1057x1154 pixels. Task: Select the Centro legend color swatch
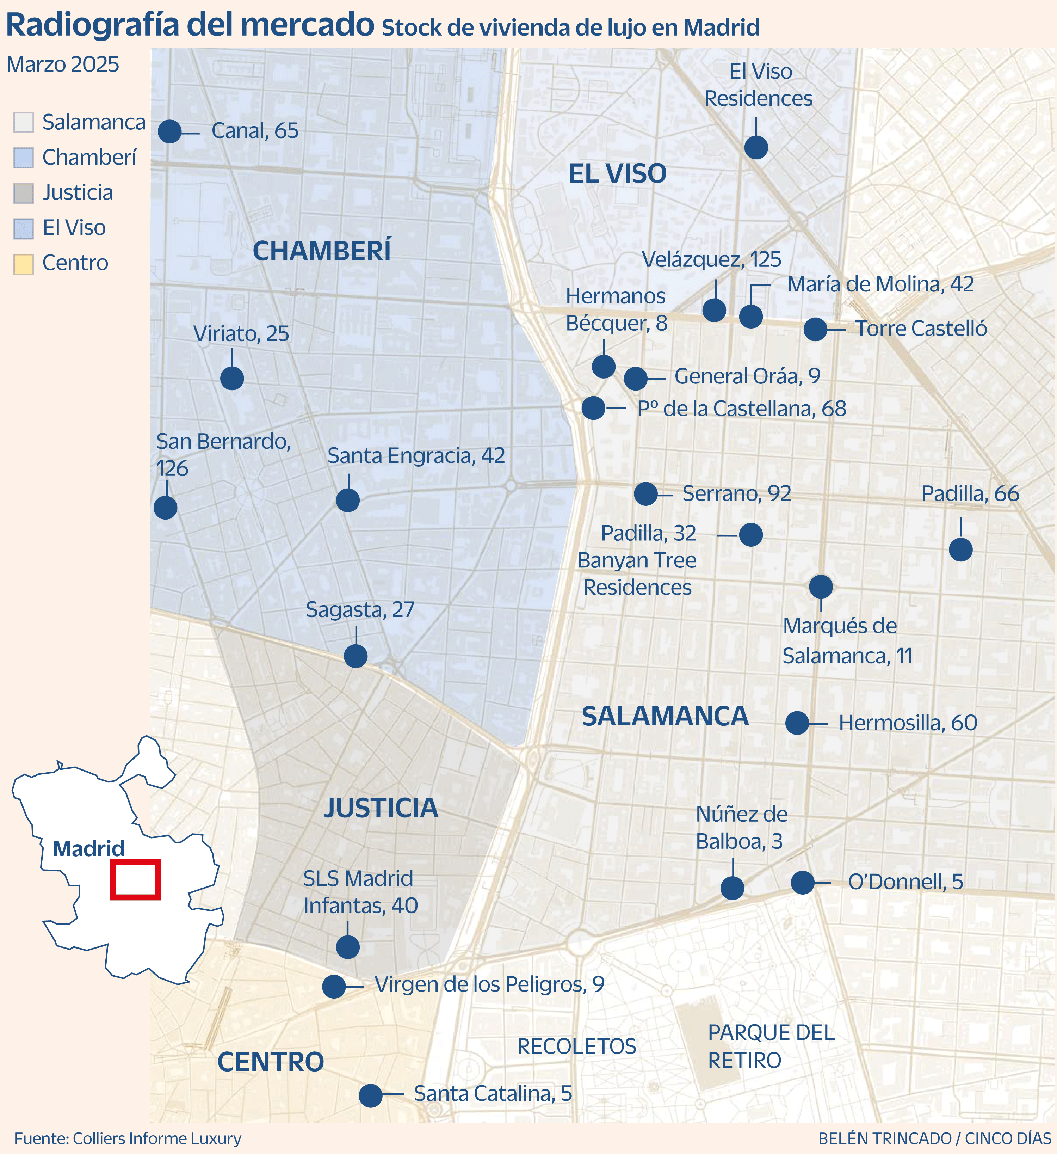pos(24,264)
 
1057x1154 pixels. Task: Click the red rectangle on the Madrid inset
pos(135,879)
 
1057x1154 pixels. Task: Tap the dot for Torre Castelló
pos(815,329)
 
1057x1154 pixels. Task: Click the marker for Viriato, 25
pos(232,378)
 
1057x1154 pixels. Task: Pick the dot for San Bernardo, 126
pos(165,508)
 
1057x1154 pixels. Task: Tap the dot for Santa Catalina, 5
pos(370,1095)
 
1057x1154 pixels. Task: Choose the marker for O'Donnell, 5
pos(802,883)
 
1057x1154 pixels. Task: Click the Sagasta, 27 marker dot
pos(356,656)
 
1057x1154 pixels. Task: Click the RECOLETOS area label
pos(576,1046)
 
